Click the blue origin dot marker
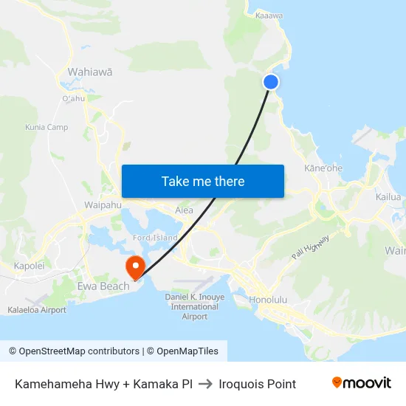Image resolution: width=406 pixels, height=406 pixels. [271, 82]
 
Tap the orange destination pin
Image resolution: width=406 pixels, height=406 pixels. [135, 266]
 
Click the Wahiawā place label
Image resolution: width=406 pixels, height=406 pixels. [90, 72]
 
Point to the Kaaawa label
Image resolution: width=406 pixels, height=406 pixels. [269, 15]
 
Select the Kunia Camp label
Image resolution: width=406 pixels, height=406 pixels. [47, 128]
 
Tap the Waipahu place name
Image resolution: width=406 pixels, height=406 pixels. [103, 204]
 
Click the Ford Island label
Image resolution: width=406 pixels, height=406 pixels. [155, 238]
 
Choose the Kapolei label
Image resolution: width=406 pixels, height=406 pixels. [30, 266]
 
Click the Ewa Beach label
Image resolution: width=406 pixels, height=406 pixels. [103, 286]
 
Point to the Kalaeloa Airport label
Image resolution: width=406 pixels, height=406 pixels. [37, 310]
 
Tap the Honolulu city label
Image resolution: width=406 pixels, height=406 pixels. [267, 300]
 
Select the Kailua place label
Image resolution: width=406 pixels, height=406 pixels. [388, 197]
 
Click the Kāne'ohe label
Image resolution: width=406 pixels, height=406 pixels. [323, 168]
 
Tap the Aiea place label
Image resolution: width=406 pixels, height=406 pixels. [184, 210]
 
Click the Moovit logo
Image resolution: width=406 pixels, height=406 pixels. [362, 383]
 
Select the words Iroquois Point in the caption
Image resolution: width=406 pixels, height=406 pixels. [258, 384]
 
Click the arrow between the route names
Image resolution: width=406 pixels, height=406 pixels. [206, 384]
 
